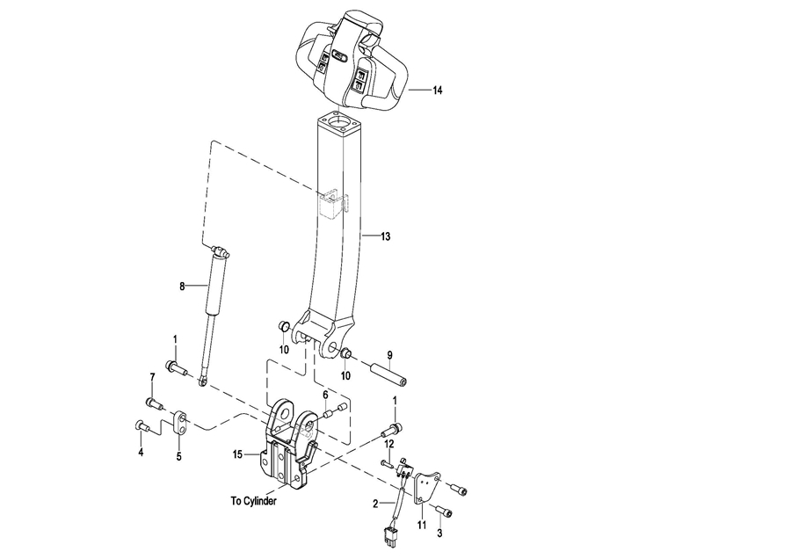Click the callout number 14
[x=438, y=91]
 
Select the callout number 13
[x=386, y=236]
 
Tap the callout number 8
[x=182, y=287]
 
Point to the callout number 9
[x=389, y=355]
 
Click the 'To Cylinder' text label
[x=254, y=502]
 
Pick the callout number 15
[x=237, y=454]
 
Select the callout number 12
[x=389, y=444]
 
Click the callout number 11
[x=422, y=526]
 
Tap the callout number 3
[x=439, y=534]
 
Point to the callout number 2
[x=375, y=504]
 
